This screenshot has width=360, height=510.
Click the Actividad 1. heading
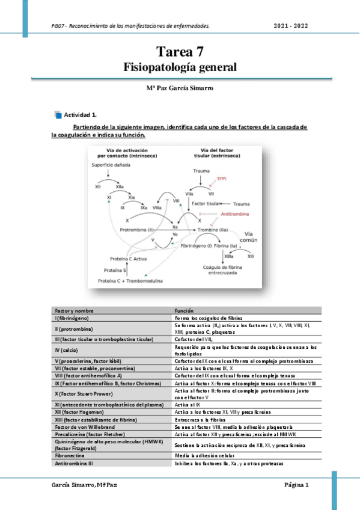point(81,114)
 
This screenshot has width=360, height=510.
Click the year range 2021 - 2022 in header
point(291,26)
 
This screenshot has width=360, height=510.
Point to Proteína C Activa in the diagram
point(128,259)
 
